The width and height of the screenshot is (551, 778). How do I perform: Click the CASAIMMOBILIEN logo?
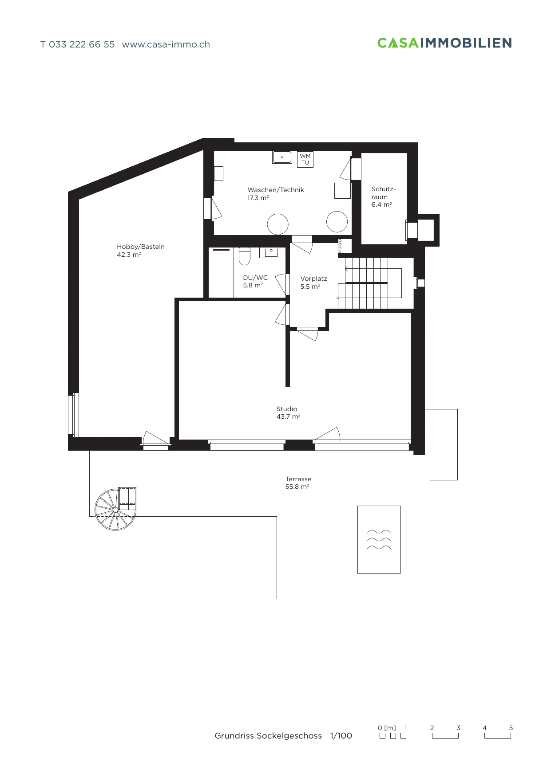444,43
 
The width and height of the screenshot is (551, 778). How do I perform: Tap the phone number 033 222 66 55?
82,44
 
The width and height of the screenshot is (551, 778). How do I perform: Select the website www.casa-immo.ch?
166,44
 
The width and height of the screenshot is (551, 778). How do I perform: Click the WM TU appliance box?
305,159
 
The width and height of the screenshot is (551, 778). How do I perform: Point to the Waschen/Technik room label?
276,190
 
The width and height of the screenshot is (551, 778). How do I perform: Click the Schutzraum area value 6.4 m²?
382,204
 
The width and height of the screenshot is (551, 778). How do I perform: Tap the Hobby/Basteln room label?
141,247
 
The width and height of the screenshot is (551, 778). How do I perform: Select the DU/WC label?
255,278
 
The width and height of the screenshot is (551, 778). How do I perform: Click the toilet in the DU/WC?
245,256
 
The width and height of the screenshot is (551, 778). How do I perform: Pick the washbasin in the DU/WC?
271,253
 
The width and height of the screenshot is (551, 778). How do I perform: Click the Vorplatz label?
314,279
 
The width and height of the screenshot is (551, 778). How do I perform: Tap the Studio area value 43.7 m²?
289,417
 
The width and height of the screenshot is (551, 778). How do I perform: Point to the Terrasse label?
298,479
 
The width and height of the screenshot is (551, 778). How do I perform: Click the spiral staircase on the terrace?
115,509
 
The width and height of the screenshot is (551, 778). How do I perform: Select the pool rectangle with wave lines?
379,539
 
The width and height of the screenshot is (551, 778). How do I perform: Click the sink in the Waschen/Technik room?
282,157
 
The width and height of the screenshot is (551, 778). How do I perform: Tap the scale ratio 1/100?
341,736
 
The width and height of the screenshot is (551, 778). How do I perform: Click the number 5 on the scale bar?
511,728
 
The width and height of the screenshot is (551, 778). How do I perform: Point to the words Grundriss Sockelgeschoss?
268,736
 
